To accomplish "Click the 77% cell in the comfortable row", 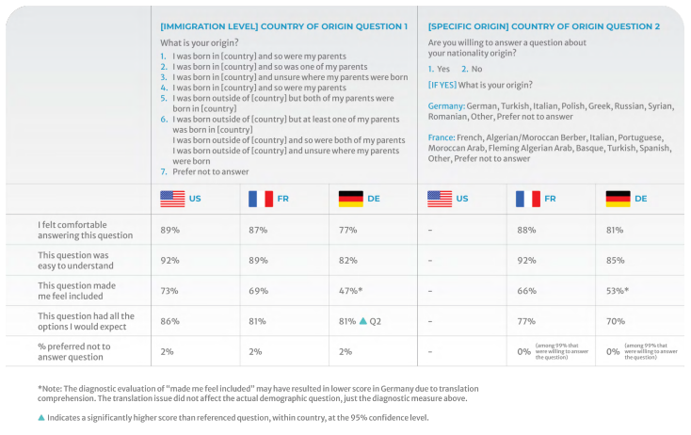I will (347, 228).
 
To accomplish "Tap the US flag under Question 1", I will (172, 199).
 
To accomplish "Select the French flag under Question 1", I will (261, 199).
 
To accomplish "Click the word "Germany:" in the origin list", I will (446, 106).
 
